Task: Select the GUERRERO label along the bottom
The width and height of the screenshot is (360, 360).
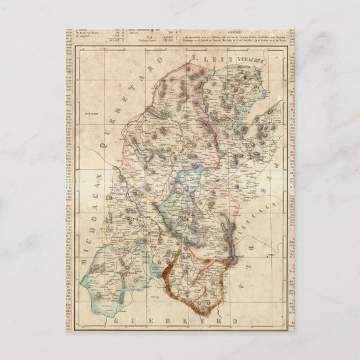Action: click(x=174, y=320)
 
